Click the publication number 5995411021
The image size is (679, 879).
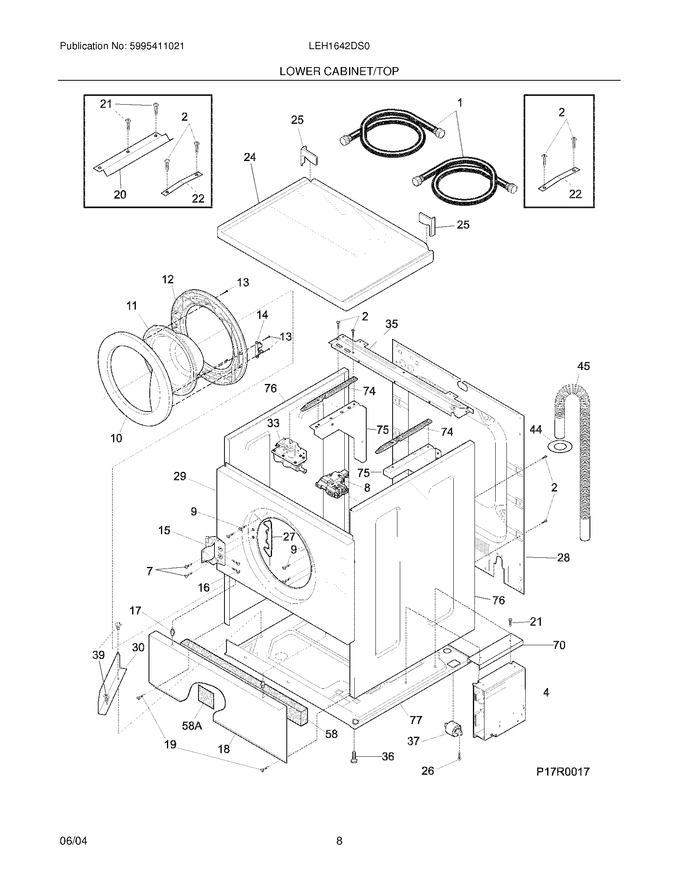pos(157,46)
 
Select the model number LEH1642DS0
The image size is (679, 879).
pos(339,46)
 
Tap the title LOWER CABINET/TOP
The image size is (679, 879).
pos(339,72)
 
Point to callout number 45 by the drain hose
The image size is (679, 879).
pos(583,366)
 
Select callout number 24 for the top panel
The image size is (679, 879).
pos(250,157)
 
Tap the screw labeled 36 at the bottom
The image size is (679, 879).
pos(354,757)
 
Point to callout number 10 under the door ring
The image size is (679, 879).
pos(116,438)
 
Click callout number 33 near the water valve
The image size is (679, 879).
pos(273,423)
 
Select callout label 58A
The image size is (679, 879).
pos(191,726)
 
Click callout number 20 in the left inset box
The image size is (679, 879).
pos(120,195)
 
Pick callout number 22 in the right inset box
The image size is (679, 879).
pos(575,195)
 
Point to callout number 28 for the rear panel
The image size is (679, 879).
pos(563,558)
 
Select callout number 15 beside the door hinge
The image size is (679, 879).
pos(164,531)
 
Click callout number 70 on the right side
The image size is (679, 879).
pos(559,645)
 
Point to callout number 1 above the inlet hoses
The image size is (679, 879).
pos(460,103)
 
